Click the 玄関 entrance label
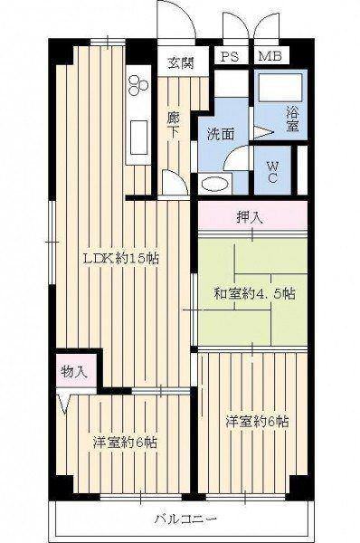coord(181,63)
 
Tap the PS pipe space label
coord(230,56)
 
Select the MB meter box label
coord(270,56)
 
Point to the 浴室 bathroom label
coord(292,119)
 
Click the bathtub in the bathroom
coord(280,87)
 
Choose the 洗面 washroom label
coord(221,134)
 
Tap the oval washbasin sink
coord(214,184)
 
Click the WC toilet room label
coord(272,172)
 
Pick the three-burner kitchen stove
coord(137,85)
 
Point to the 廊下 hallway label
coord(173,126)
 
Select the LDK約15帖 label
coord(120,258)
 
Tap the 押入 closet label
coord(250,217)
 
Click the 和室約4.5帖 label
coord(254,294)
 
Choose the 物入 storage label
coord(73,372)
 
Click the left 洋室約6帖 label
coord(125,443)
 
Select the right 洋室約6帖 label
coord(257,422)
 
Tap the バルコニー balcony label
coord(185,519)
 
